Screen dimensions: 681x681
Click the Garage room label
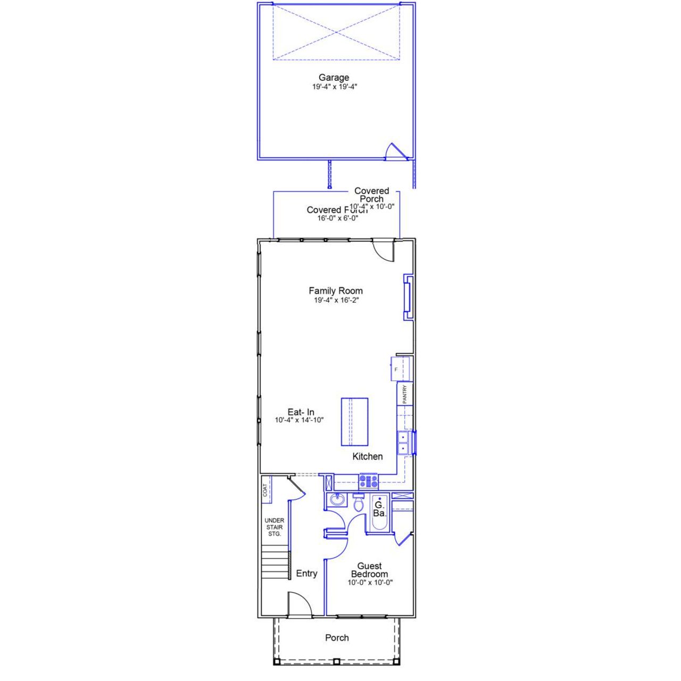click(334, 78)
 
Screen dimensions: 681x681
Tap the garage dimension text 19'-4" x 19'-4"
click(334, 87)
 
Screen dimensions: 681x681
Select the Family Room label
click(336, 291)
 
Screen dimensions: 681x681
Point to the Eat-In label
click(301, 412)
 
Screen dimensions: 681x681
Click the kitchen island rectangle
click(354, 422)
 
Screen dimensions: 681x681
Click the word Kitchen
click(367, 456)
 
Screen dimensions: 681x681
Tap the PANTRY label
click(404, 394)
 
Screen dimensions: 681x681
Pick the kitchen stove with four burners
click(369, 481)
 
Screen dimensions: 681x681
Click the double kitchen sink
click(403, 443)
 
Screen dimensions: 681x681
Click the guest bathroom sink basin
click(336, 500)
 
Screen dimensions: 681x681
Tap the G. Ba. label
click(379, 509)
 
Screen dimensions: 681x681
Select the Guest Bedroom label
click(369, 570)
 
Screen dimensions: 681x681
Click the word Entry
click(306, 573)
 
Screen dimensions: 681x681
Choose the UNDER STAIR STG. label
click(275, 527)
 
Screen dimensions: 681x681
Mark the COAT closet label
click(265, 490)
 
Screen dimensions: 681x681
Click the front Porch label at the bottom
click(337, 637)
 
